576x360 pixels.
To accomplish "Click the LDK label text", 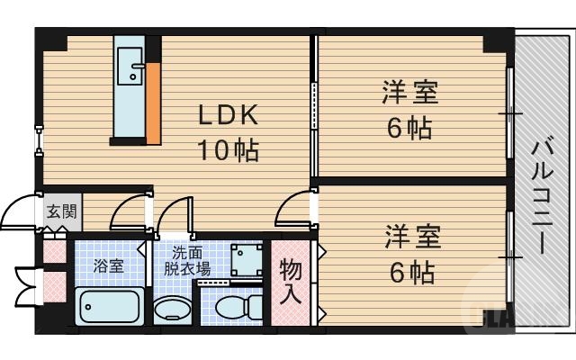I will click(229, 115).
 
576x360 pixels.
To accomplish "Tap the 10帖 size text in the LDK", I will click(229, 148).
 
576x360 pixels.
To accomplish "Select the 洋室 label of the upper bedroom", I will click(409, 93).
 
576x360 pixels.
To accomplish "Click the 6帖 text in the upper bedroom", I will click(409, 127).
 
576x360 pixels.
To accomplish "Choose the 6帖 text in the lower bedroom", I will click(409, 270).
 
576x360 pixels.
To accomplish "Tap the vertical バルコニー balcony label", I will click(542, 194).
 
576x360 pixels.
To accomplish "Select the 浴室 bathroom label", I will click(108, 266).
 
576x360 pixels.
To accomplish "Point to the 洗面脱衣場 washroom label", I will click(187, 261).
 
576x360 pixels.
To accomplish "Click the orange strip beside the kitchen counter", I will click(154, 103).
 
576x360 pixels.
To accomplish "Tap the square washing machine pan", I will click(243, 259).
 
